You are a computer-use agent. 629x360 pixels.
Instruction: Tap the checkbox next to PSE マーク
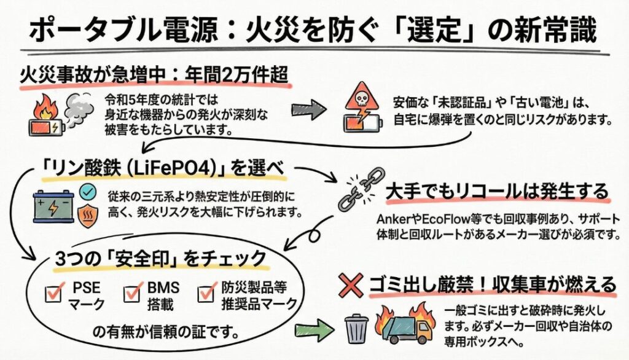tap(54, 293)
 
